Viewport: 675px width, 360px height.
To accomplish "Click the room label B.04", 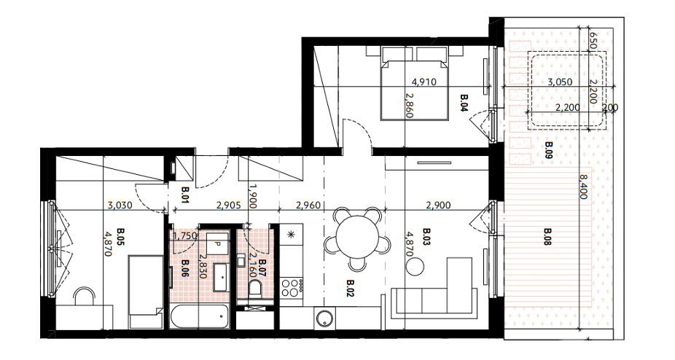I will click(x=464, y=103).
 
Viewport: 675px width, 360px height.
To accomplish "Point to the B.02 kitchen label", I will click(x=350, y=288).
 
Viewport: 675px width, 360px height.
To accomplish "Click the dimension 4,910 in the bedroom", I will click(x=424, y=82).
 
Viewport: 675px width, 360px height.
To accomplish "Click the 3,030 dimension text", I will click(x=120, y=206).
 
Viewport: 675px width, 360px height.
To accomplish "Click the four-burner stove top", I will click(x=292, y=287).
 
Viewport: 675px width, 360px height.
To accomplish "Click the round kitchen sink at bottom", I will click(x=322, y=317).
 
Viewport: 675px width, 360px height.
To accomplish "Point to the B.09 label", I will click(x=548, y=151).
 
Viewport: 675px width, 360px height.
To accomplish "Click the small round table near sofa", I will click(x=415, y=269).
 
